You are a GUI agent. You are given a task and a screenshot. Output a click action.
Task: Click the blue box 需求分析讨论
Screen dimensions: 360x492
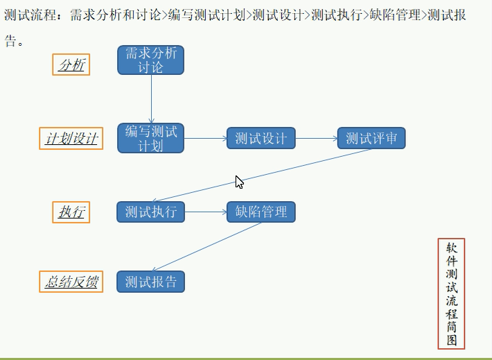150,60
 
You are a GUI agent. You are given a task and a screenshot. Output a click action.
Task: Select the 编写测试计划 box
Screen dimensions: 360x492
150,138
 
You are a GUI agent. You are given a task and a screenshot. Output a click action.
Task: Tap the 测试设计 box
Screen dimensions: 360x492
261,138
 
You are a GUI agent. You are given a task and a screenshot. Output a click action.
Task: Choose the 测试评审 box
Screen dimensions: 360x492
371,138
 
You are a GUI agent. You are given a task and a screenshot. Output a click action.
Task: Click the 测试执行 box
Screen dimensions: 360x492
150,212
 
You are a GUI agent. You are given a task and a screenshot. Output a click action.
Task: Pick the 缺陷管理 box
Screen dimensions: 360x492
261,212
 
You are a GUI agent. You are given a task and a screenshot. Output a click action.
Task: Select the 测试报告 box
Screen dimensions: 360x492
150,282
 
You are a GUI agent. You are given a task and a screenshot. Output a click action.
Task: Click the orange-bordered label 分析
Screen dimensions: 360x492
71,65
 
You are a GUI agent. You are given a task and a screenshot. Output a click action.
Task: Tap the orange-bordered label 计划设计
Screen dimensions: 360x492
71,139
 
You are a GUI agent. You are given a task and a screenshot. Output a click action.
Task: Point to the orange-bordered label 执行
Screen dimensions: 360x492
71,212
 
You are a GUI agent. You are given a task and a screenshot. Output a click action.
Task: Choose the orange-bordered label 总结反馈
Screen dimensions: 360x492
71,282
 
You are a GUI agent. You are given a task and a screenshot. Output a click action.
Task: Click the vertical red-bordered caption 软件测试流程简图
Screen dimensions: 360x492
451,293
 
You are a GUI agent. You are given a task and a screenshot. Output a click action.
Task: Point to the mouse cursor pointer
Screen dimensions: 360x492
238,182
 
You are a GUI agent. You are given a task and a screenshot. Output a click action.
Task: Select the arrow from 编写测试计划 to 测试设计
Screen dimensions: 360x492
205,138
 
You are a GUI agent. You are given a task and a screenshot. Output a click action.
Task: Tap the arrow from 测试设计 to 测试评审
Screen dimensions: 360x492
316,138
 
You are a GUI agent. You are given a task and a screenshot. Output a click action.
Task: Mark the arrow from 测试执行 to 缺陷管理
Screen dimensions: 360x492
206,212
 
